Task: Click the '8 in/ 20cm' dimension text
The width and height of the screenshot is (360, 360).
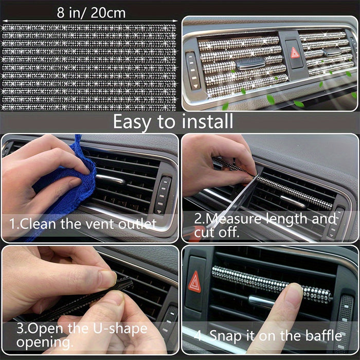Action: pyautogui.click(x=91, y=12)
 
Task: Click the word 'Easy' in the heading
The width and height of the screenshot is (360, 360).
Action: pyautogui.click(x=136, y=122)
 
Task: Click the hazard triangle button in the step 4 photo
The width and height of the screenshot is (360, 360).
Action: pyautogui.click(x=195, y=282)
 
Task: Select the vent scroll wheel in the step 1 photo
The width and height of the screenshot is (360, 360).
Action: pyautogui.click(x=164, y=195)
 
